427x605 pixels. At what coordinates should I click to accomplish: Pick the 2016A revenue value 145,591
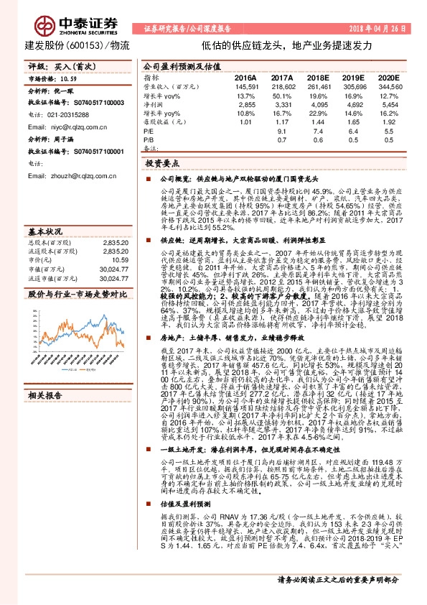(243, 86)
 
